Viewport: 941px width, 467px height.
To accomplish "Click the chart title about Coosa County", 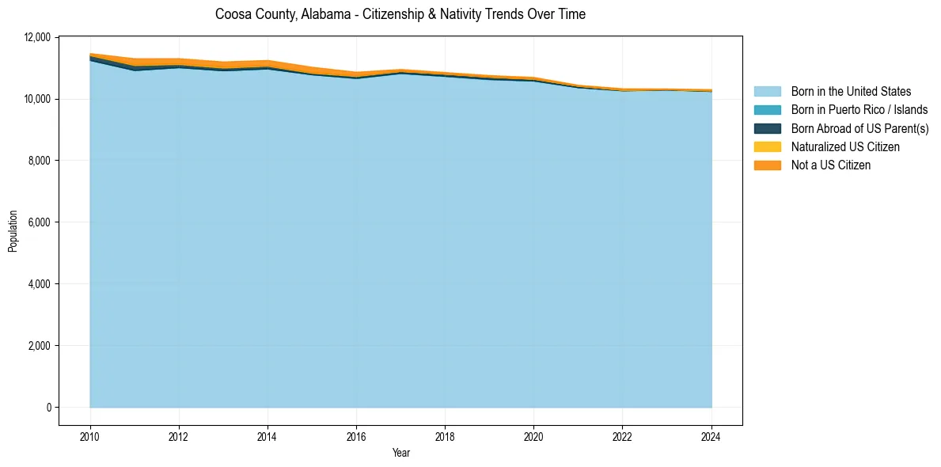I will point(400,14).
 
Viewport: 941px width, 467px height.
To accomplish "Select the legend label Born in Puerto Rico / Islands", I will point(859,110).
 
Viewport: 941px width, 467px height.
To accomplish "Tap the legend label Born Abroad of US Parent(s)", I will point(859,128).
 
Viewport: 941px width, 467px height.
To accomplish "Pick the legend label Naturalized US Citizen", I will point(845,146).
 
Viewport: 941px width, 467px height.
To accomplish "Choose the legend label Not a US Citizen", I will point(831,165).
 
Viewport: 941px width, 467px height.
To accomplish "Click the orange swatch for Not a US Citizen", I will point(767,165).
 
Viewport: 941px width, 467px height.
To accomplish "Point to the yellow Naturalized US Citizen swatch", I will point(767,146).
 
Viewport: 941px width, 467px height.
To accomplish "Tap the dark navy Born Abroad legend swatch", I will point(767,128).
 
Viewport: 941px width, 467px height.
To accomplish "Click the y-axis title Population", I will point(13,230).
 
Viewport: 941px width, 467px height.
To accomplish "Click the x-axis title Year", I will point(401,453).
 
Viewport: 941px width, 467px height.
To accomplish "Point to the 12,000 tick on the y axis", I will point(38,37).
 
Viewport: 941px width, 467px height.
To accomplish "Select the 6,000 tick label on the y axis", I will point(40,222).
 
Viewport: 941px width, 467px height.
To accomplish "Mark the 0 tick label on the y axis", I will point(48,408).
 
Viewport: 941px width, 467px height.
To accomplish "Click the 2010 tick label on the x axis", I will point(90,436).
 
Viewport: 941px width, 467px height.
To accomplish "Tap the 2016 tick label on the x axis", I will point(356,436).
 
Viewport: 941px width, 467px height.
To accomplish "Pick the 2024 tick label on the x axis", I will point(711,436).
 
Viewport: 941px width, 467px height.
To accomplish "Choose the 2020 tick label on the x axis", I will point(533,436).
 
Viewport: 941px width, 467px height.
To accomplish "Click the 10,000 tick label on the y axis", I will point(38,99).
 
